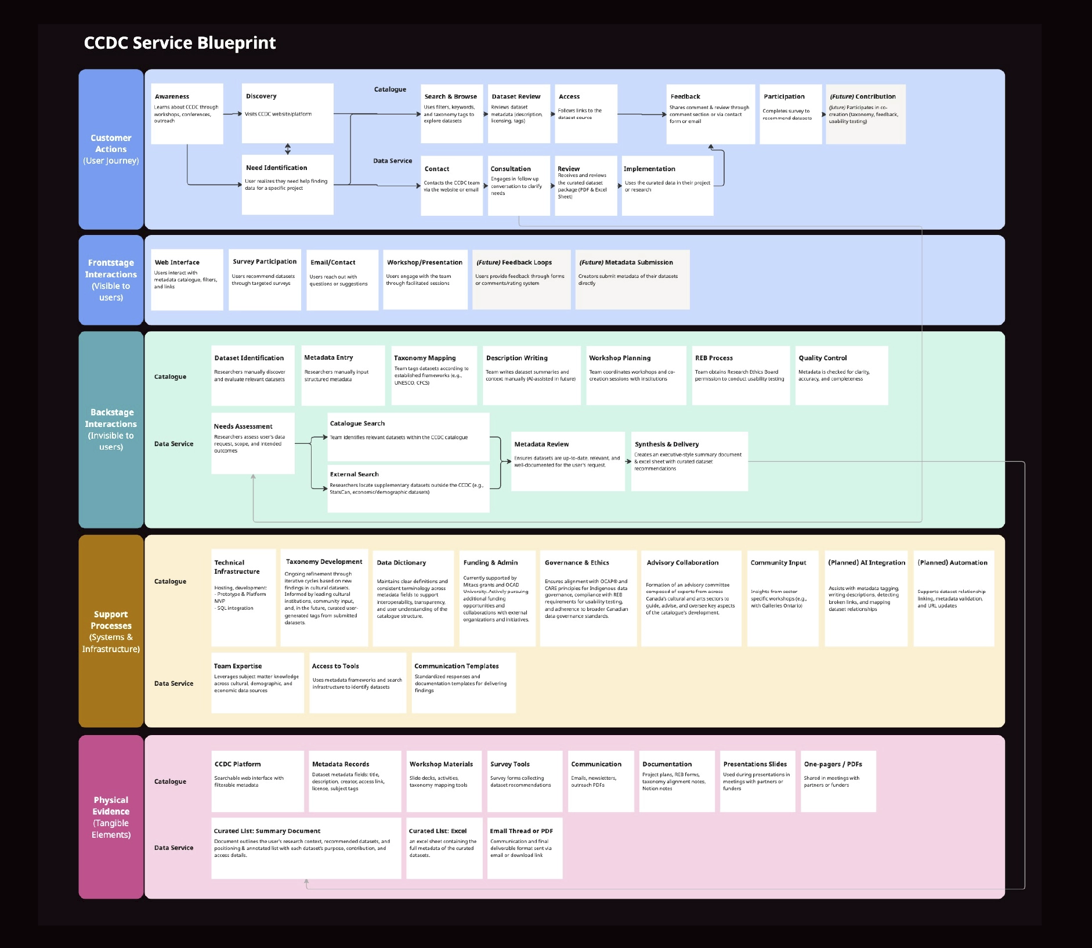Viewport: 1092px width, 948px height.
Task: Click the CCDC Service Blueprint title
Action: (180, 43)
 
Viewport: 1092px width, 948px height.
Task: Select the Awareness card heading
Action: (172, 97)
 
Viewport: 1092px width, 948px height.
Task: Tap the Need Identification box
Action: (287, 184)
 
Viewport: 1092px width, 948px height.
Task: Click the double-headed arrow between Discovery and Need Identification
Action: (288, 149)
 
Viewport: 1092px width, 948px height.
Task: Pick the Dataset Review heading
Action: (516, 97)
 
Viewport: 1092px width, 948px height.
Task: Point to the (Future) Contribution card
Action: (865, 114)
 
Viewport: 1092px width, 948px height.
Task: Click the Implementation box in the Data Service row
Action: (667, 185)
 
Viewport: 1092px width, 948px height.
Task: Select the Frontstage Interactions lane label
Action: (111, 280)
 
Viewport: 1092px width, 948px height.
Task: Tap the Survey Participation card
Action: (265, 279)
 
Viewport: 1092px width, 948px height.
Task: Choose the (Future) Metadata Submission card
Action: (632, 279)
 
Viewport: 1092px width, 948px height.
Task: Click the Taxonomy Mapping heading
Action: (425, 358)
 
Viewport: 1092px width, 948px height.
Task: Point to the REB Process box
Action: (740, 375)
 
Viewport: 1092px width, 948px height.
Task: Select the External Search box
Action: (408, 488)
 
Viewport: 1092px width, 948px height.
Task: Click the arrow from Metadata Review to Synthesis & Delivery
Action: (628, 462)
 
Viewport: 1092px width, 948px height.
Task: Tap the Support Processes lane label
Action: (111, 631)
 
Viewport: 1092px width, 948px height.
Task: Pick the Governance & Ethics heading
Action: (577, 563)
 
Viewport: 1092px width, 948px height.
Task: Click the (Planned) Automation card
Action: (953, 598)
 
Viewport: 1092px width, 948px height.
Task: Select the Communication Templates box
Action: (463, 682)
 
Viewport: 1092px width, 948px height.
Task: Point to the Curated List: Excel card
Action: (444, 848)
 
